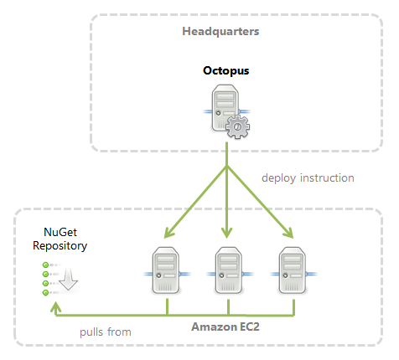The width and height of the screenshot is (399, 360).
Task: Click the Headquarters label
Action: coord(220,32)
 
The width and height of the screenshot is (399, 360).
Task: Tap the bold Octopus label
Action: coord(226,71)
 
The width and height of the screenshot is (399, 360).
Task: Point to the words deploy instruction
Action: coord(308,177)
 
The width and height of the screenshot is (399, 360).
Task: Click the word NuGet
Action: coord(60,234)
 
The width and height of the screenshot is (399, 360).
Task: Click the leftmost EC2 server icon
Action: coord(168,270)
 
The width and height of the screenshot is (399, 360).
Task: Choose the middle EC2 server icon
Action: coord(228,270)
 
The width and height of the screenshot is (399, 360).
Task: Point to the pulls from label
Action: coord(106,332)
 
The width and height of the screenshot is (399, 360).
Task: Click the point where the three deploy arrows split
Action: coord(227,167)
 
